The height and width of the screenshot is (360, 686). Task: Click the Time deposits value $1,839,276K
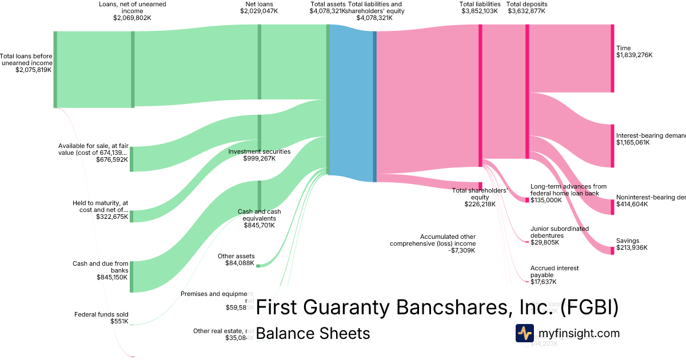click(634, 55)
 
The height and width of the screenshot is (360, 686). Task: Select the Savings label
click(628, 241)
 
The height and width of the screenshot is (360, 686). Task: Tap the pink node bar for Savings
click(612, 250)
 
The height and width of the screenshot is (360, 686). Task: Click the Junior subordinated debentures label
click(559, 232)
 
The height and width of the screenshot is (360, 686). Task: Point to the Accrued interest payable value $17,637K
click(543, 282)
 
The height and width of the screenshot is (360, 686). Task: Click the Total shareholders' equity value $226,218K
click(480, 204)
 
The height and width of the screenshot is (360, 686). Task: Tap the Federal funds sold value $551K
click(119, 322)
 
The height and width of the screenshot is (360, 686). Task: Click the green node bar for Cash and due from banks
click(131, 277)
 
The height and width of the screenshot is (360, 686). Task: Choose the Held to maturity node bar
click(131, 216)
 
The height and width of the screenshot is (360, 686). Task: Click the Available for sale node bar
click(131, 159)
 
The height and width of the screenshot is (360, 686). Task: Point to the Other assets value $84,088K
click(240, 263)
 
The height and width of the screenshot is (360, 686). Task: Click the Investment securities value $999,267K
click(259, 158)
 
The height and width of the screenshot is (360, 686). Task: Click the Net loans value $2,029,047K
click(259, 11)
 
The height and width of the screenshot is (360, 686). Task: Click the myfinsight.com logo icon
click(524, 333)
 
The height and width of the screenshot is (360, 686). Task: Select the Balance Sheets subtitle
click(313, 333)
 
